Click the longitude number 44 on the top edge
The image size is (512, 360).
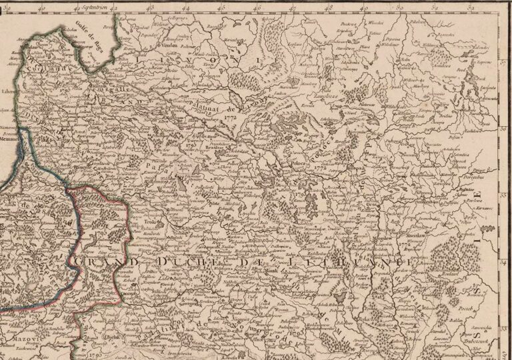point(184,8)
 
